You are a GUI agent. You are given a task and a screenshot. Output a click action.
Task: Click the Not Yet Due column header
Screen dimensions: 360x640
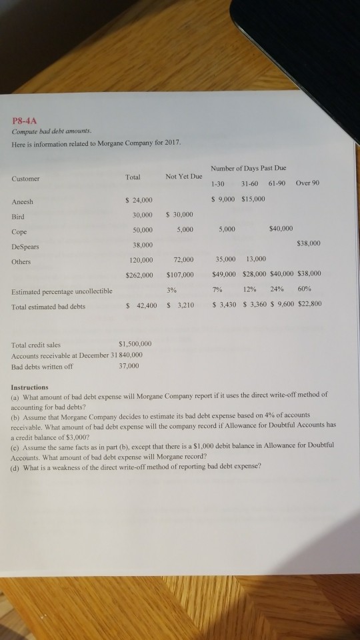pyautogui.click(x=183, y=177)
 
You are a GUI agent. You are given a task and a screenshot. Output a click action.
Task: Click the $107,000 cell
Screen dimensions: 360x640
pyautogui.click(x=180, y=275)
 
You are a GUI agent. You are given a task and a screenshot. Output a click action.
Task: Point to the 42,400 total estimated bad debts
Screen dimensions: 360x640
pyautogui.click(x=141, y=306)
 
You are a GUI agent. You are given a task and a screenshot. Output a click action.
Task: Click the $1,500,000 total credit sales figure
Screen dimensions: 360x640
pyautogui.click(x=135, y=343)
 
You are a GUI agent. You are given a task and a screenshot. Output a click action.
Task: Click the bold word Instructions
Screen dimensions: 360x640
pyautogui.click(x=29, y=387)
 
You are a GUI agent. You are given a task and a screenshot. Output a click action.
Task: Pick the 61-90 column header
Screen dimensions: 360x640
pyautogui.click(x=275, y=182)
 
